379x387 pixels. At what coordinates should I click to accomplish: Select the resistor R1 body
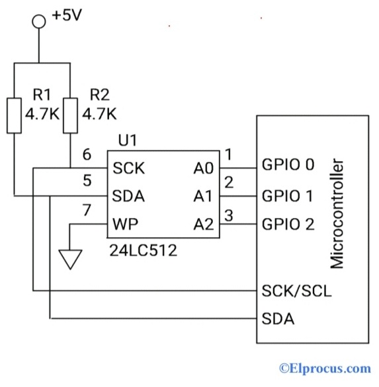coord(14,114)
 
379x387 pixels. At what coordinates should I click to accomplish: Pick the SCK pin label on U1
coord(128,168)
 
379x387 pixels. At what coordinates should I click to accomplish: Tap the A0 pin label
coord(203,168)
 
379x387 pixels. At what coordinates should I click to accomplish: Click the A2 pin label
coord(203,225)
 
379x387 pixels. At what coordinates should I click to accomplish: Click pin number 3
coord(230,214)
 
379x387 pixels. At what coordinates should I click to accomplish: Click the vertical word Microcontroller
coord(337,212)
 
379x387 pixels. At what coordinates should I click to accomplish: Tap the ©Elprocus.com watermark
coord(324,368)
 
